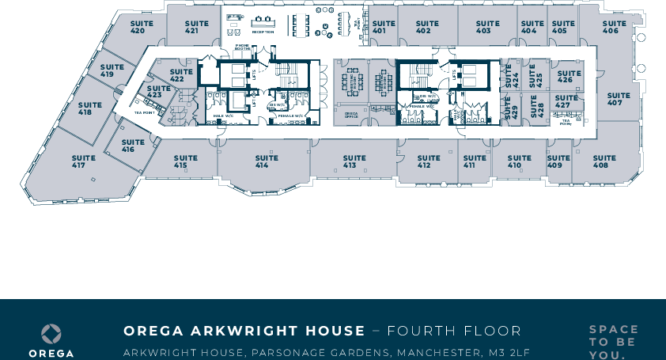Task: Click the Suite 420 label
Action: [137, 28]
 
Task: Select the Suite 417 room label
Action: [78, 161]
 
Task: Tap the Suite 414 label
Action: [262, 161]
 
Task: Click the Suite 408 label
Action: [604, 161]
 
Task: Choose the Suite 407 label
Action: [615, 100]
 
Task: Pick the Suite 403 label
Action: [483, 28]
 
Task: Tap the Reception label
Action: [263, 32]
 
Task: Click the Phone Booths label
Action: [243, 47]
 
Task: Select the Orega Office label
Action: [351, 116]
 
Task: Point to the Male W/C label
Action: [224, 116]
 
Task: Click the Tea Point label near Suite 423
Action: [143, 112]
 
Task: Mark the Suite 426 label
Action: [565, 77]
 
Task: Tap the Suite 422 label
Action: [181, 75]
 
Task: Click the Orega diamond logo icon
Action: [51, 333]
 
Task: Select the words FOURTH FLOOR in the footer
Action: [454, 331]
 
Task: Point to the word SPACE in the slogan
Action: [613, 329]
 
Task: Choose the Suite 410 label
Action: [519, 161]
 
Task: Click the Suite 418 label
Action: [90, 108]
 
